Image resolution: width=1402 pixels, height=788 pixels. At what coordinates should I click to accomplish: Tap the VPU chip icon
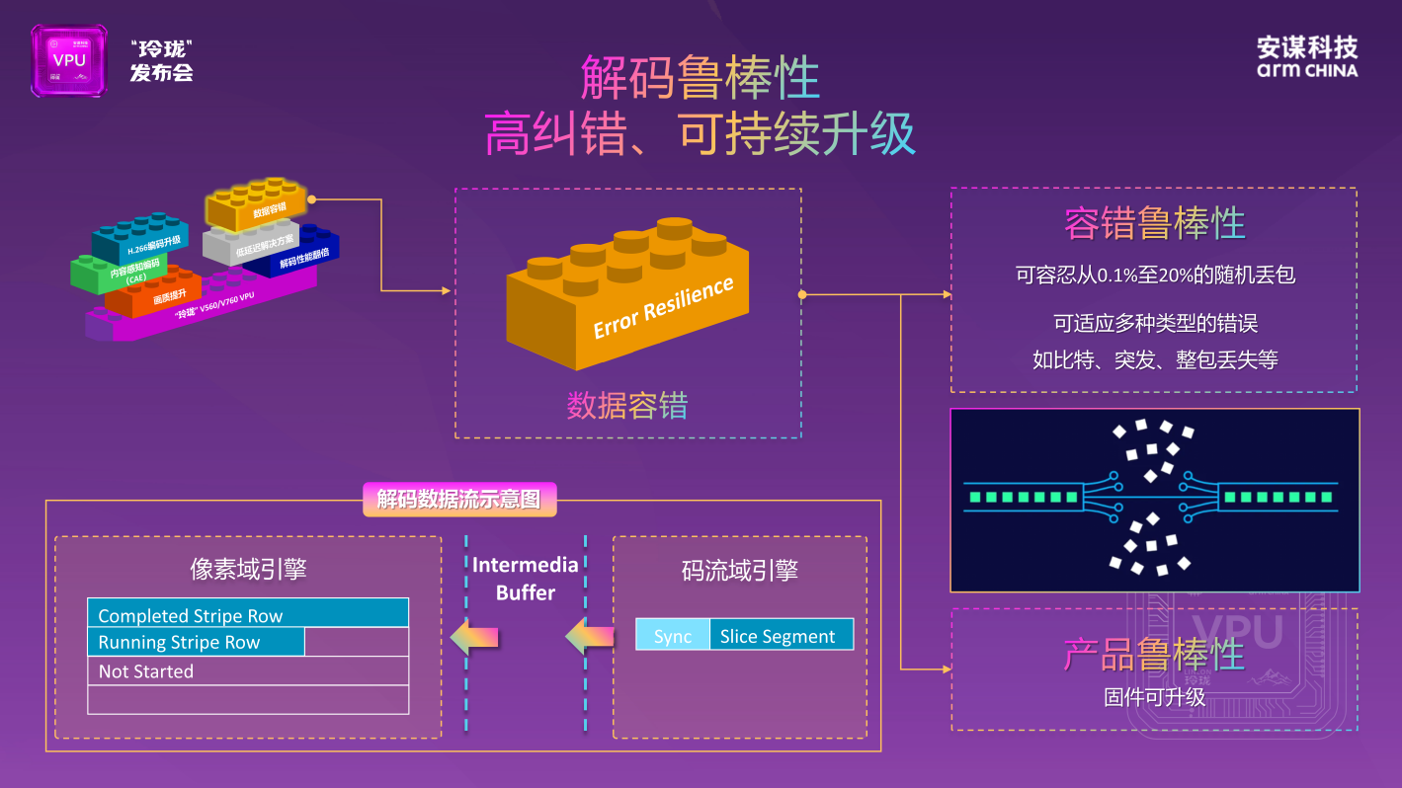pos(68,60)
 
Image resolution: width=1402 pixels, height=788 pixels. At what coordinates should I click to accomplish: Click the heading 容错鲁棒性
pos(1153,224)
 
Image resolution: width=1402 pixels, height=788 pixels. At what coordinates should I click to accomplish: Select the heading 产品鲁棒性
pos(1153,655)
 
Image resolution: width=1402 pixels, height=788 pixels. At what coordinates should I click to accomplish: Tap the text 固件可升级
pos(1154,697)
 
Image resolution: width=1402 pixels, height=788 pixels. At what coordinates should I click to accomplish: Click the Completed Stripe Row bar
pos(247,613)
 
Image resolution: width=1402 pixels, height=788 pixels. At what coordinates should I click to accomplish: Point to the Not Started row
pos(247,671)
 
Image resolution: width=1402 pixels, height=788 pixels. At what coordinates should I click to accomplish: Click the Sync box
pos(672,636)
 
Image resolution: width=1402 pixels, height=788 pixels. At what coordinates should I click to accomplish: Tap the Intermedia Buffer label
pos(526,579)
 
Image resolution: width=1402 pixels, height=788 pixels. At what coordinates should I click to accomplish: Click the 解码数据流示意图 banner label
pos(459,499)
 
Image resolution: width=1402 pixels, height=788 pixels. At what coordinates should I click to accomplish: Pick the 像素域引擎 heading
pos(248,570)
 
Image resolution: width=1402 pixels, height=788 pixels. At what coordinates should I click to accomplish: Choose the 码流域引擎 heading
pos(739,570)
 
